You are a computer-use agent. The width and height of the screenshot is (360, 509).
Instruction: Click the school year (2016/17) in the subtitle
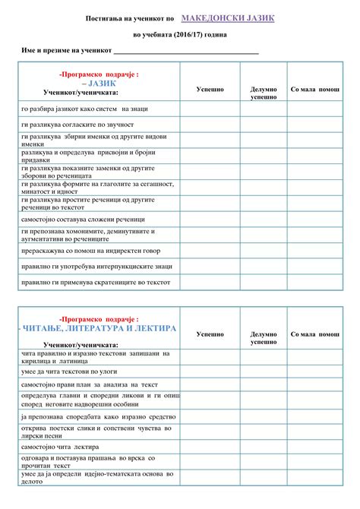click(x=172, y=35)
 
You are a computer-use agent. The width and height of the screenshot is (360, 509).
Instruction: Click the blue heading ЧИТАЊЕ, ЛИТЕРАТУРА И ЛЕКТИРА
click(x=96, y=328)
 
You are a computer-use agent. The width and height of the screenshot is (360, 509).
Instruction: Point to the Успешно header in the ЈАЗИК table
click(x=210, y=89)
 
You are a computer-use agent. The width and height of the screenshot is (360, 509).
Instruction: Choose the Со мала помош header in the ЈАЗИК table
click(x=315, y=89)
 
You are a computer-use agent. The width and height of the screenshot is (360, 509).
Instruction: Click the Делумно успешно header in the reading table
click(x=264, y=338)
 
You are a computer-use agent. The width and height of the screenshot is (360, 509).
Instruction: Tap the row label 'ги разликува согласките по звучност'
click(x=77, y=124)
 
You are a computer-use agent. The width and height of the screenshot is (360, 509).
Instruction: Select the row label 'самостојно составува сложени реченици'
click(x=83, y=219)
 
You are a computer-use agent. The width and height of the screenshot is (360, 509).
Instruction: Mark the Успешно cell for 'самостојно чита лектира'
click(x=210, y=447)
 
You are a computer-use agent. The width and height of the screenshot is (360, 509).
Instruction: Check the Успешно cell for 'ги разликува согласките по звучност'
click(x=210, y=124)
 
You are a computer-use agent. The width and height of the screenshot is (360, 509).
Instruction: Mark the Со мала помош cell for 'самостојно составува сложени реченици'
click(x=315, y=219)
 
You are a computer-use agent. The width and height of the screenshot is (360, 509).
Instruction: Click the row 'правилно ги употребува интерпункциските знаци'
click(x=96, y=266)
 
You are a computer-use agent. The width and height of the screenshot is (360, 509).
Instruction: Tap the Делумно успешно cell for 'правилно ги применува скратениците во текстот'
click(x=264, y=282)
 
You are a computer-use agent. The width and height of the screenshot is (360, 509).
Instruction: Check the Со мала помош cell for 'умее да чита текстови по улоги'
click(x=315, y=370)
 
